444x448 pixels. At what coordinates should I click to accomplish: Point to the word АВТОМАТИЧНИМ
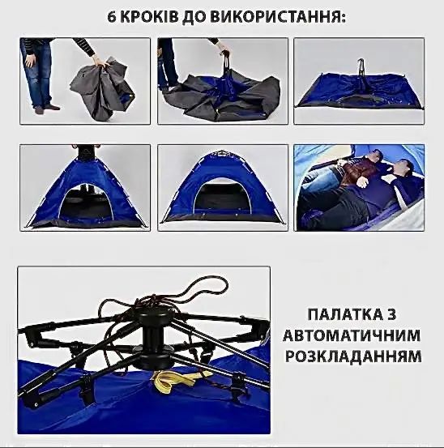click(364, 335)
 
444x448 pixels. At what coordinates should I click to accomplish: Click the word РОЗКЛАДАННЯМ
click(364, 356)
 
